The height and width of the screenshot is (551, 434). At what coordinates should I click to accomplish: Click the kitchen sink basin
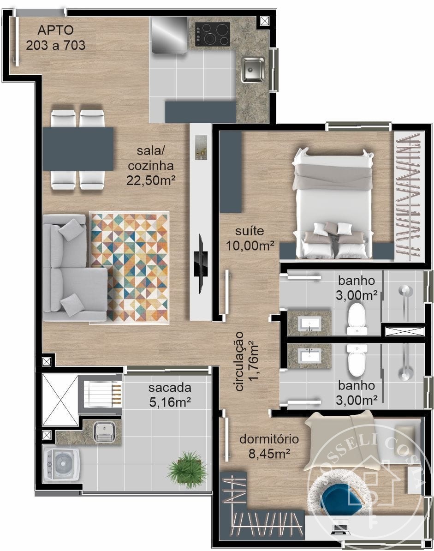(x=253, y=70)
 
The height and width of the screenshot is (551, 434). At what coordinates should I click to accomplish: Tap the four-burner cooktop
(x=213, y=34)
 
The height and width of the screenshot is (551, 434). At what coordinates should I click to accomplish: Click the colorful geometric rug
(x=130, y=267)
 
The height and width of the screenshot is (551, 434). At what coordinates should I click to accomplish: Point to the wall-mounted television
(x=201, y=264)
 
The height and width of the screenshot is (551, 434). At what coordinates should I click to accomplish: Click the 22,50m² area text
(x=151, y=180)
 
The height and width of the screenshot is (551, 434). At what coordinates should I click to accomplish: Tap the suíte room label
(x=250, y=231)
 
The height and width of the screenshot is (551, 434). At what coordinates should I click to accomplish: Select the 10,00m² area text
(x=250, y=246)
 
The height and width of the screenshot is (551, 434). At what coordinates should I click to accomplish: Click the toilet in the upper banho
(x=357, y=318)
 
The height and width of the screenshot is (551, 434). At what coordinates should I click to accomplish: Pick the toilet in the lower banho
(x=357, y=359)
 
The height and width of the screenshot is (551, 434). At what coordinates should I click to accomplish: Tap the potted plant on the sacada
(x=187, y=469)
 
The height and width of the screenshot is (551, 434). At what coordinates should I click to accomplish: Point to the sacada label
(x=170, y=388)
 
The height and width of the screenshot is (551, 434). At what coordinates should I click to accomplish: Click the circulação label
(x=239, y=361)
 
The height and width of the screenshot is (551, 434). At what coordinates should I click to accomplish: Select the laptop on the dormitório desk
(x=340, y=527)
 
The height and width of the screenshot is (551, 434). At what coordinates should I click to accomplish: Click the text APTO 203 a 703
(x=55, y=37)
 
